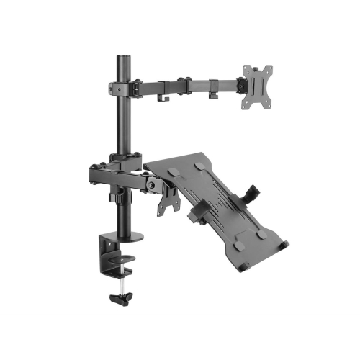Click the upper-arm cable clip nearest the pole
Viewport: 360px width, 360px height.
[x=165, y=96]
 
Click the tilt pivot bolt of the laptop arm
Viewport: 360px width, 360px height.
[x=150, y=184]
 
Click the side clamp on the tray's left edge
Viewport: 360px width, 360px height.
[x=197, y=216]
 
